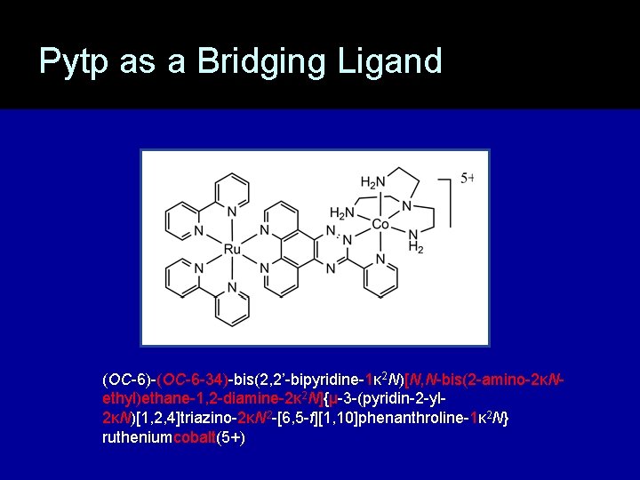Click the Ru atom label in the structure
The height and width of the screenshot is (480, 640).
231,250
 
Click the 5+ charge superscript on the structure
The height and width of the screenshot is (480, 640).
468,178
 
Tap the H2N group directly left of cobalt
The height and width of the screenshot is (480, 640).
342,213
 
